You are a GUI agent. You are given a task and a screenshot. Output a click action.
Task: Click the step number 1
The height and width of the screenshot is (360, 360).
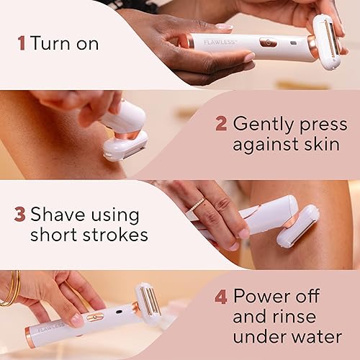22,42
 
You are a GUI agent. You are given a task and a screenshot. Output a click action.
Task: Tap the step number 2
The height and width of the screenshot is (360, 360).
221,123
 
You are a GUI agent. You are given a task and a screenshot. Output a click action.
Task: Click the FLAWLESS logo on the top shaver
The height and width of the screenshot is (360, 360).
217,41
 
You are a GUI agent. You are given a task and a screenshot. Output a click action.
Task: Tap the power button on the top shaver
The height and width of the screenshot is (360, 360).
269,42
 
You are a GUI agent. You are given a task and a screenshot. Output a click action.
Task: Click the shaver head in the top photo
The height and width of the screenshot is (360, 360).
326,41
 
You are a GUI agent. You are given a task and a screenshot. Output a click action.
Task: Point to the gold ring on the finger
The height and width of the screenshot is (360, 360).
196,205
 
